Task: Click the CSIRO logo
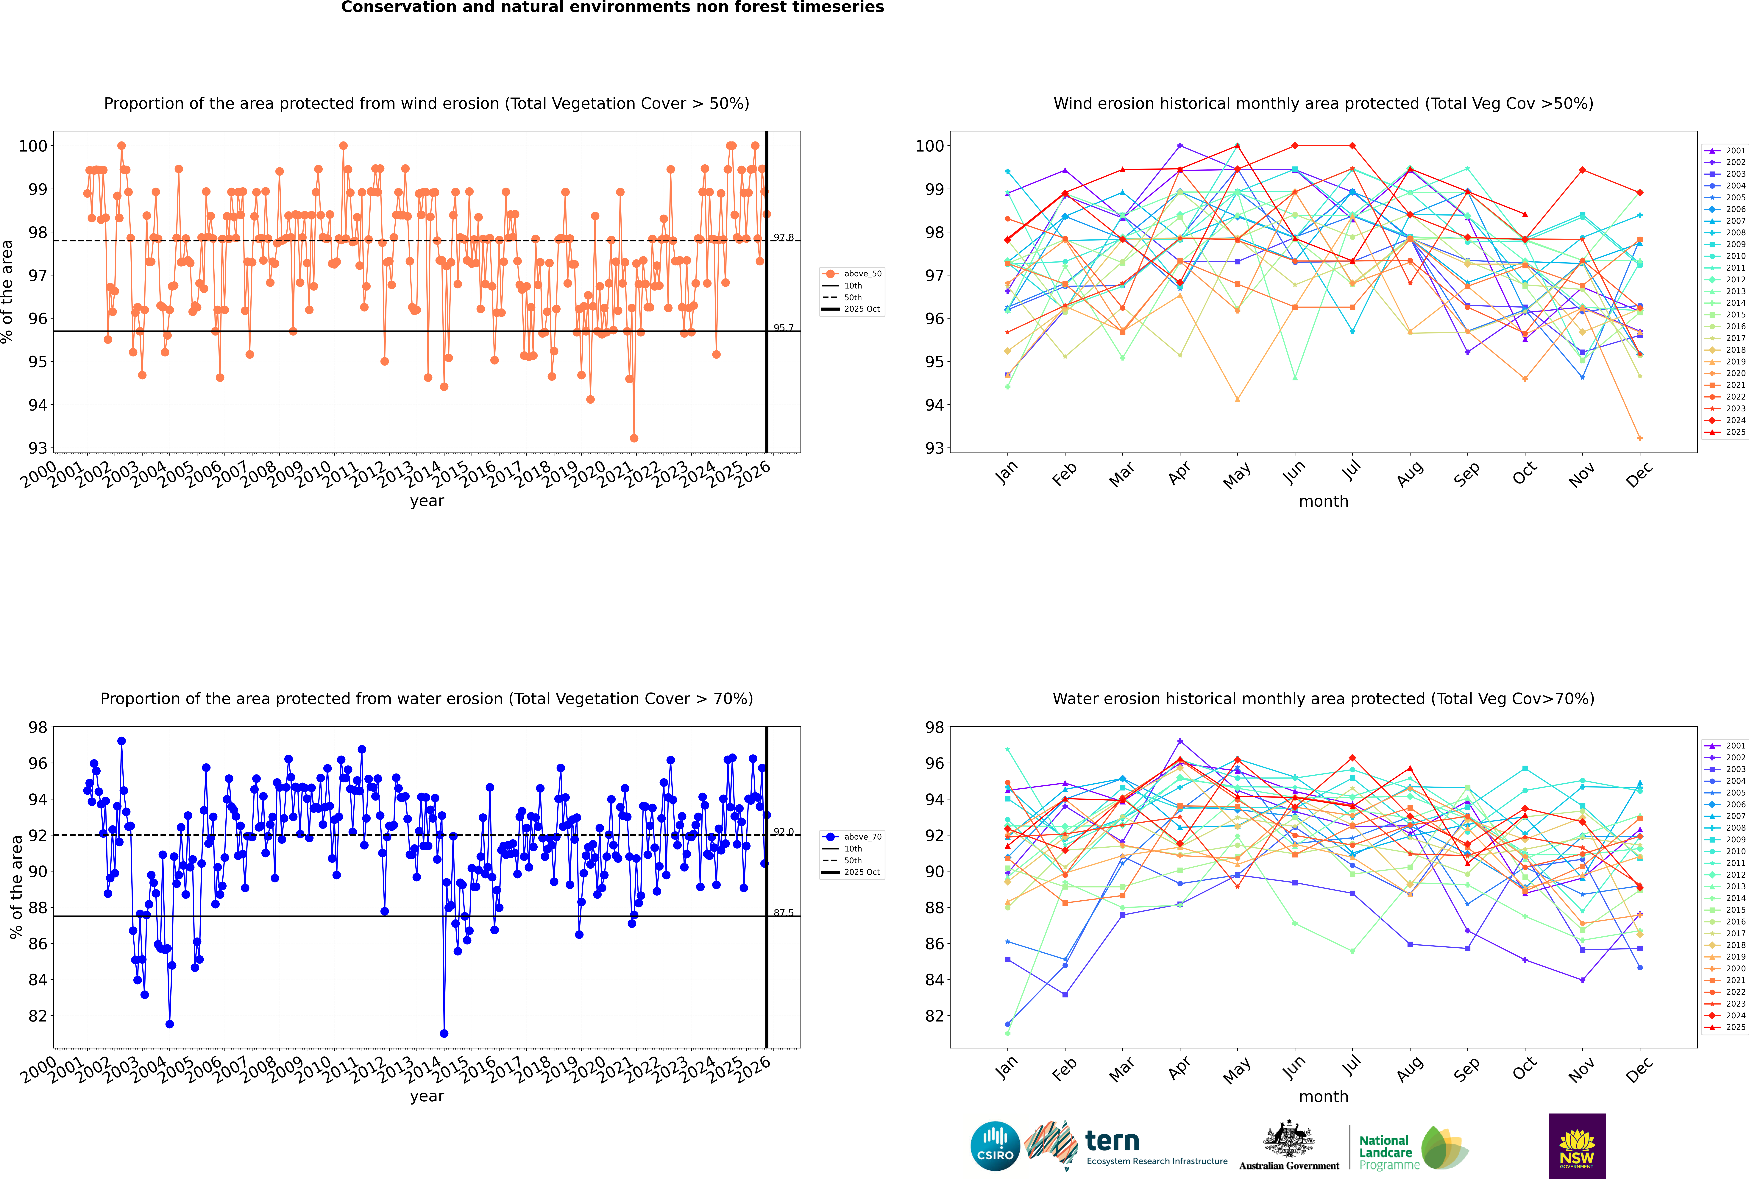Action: pyautogui.click(x=995, y=1146)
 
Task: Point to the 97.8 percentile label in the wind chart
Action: pyautogui.click(x=784, y=238)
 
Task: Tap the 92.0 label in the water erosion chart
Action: pyautogui.click(x=784, y=832)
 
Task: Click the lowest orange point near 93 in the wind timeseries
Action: pyautogui.click(x=634, y=438)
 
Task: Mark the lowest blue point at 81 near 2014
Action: pyautogui.click(x=444, y=1033)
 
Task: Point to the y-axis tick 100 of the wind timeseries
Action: pyautogui.click(x=33, y=146)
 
